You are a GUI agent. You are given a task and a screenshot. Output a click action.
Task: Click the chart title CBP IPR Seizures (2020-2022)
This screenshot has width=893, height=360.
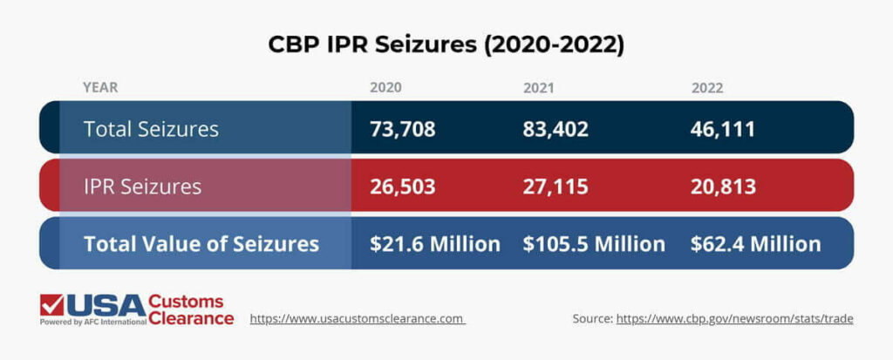(446, 45)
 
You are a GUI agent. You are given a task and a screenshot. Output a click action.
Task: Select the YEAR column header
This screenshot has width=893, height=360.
(100, 88)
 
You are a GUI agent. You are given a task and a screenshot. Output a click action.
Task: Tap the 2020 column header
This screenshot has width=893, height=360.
(386, 88)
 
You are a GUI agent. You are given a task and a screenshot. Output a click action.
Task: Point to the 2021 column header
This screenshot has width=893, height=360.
(540, 88)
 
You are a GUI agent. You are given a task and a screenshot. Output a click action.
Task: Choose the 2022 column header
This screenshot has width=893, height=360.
(707, 88)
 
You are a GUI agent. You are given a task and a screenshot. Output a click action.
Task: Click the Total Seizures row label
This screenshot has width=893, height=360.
(151, 129)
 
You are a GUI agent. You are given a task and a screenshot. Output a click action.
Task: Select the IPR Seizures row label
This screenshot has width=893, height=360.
(142, 186)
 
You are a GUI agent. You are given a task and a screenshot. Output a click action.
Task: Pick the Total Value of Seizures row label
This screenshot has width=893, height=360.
(201, 243)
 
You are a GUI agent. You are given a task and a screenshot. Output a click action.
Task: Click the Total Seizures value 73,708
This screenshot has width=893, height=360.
(402, 129)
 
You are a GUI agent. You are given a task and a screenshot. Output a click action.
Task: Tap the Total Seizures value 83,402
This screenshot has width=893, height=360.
(556, 129)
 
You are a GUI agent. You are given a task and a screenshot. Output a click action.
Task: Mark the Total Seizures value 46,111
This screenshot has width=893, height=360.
(722, 129)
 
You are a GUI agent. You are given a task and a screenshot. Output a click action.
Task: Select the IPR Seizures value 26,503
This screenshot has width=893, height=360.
(402, 186)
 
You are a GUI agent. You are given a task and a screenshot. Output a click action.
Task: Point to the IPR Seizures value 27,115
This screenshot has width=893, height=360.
(556, 186)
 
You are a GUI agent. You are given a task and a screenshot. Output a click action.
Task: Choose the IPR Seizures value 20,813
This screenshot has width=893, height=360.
(723, 186)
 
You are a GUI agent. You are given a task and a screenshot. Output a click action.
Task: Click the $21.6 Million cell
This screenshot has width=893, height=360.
(434, 243)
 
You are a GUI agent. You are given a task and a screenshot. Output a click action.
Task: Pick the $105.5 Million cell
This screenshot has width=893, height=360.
(594, 243)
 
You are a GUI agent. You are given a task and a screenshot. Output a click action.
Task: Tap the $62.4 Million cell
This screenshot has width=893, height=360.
(755, 243)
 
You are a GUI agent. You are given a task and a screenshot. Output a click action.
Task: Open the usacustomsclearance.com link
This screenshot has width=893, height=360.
(358, 319)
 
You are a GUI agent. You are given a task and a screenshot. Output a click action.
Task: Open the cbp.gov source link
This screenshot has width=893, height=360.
(734, 319)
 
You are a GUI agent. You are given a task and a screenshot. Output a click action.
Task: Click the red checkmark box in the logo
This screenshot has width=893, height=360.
(51, 305)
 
